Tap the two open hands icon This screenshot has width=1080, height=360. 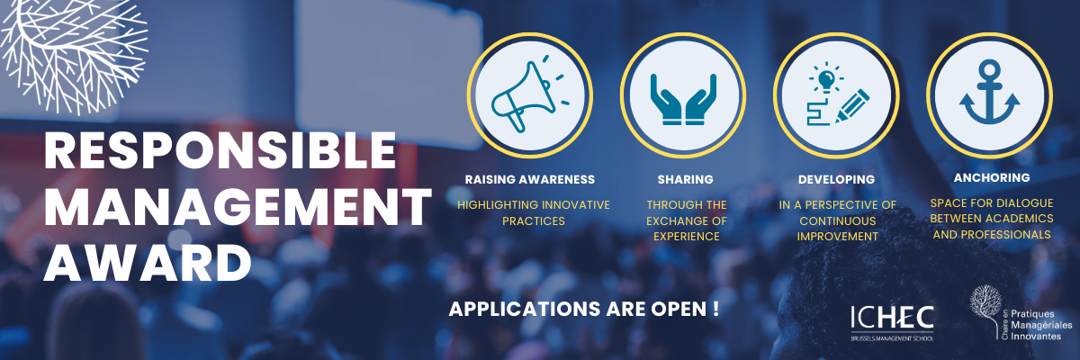click(683, 99)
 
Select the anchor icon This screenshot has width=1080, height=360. click(989, 92)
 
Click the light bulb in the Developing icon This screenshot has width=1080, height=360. click(826, 77)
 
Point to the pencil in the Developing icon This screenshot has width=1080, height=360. click(852, 106)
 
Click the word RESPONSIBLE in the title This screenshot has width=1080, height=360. click(220, 151)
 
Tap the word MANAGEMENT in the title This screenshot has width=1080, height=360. click(238, 206)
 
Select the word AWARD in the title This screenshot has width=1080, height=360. click(148, 262)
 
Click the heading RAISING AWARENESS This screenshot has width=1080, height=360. click(530, 179)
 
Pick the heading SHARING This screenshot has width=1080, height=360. click(685, 179)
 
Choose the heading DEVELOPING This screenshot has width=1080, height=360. click(836, 179)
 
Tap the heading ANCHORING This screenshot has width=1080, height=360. click(992, 178)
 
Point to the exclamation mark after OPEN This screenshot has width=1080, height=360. click(715, 309)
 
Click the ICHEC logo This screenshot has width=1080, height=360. click(893, 323)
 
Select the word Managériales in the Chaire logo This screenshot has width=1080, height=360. click(1041, 325)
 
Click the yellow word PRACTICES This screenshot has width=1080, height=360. click(534, 221)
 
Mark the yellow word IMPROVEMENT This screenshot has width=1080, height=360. click(838, 237)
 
